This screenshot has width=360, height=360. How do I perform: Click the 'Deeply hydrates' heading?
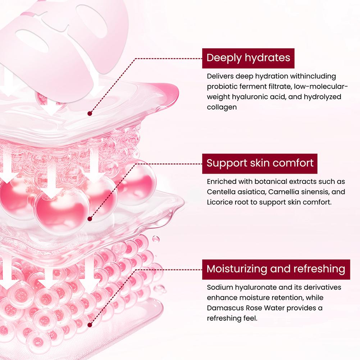pos(248,58)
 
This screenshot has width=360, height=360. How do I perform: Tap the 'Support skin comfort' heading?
pos(260,163)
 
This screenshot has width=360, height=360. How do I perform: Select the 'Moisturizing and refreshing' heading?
pos(276,269)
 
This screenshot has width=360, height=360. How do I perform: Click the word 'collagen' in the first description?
pos(222,107)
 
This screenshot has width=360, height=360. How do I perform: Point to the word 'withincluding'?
pos(313,76)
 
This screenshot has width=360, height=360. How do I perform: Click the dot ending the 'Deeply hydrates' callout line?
pos(90,113)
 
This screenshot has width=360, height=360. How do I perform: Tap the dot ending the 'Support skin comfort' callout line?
pos(90,219)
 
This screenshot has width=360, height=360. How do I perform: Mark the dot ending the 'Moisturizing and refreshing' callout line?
pos(90,325)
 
